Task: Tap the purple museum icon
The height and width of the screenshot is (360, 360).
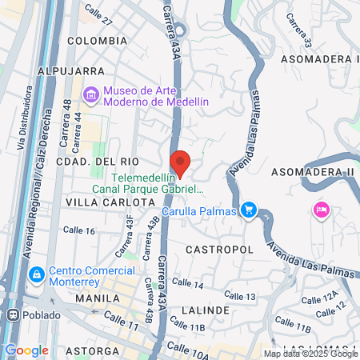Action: coord(90,96)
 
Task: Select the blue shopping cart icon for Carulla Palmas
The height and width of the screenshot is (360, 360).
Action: coord(249,210)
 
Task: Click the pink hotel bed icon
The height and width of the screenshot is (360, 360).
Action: coord(320,210)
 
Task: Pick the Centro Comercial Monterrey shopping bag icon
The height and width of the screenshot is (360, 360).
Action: coord(36,275)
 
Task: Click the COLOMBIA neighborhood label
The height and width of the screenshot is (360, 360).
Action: coord(97,40)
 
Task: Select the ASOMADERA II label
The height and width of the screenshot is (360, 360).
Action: coord(313,172)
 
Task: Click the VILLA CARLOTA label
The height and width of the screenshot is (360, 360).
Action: coord(110,202)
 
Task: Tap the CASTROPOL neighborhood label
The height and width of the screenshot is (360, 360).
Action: coord(214,250)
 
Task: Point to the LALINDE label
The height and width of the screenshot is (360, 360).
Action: coord(206,310)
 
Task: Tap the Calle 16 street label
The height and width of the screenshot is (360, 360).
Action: coord(78,231)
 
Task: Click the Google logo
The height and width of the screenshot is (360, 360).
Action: coord(26,350)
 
